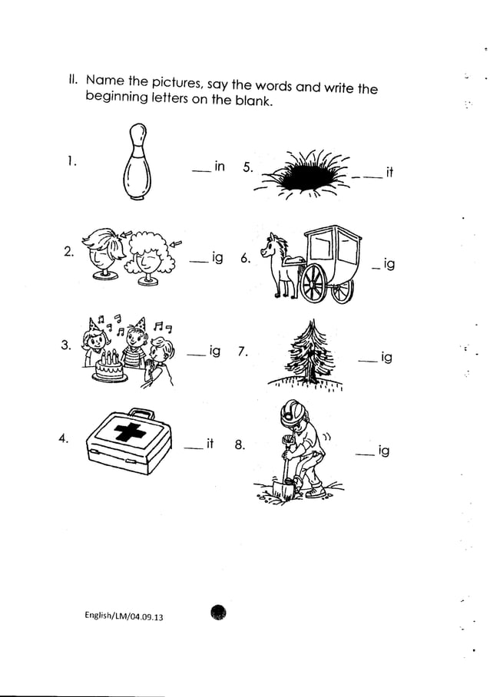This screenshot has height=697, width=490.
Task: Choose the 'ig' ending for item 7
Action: (x=386, y=358)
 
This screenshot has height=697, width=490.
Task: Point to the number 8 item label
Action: (x=240, y=444)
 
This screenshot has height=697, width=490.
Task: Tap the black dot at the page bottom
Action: (x=218, y=611)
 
